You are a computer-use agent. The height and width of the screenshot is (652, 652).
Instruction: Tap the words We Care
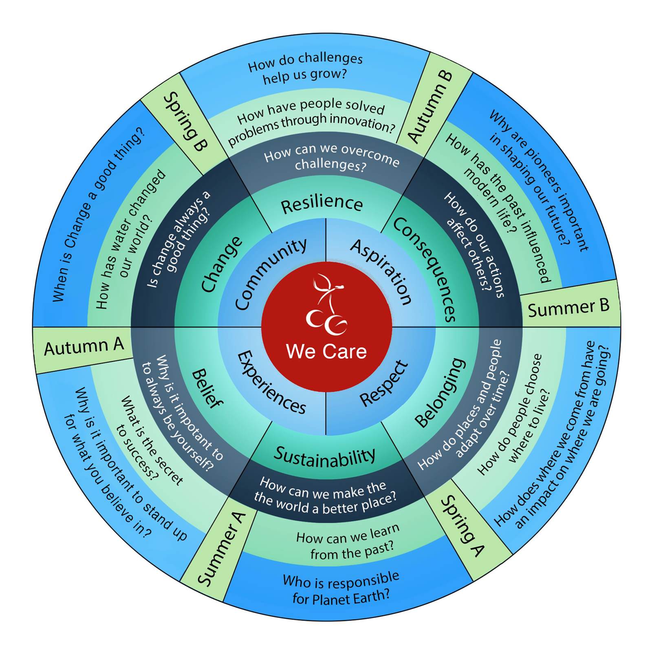click(x=326, y=351)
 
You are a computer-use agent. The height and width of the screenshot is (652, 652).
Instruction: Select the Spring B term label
click(x=185, y=121)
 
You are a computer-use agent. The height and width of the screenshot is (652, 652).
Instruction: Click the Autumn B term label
click(x=430, y=107)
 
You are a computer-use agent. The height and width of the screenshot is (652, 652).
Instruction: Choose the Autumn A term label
click(x=84, y=347)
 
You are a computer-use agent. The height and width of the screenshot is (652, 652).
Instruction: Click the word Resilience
click(x=322, y=204)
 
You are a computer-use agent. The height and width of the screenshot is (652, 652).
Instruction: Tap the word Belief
click(x=207, y=389)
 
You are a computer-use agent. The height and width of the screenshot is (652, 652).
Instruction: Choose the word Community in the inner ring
click(x=271, y=274)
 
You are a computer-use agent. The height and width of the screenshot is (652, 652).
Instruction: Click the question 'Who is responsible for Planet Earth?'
click(x=341, y=589)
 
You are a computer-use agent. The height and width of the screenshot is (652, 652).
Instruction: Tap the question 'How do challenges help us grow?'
click(x=305, y=68)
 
